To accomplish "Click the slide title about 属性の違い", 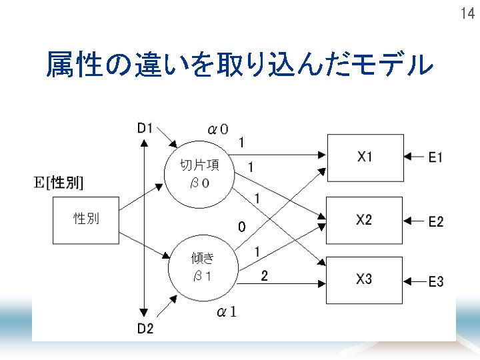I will point(239,65).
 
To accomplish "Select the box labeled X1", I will point(365,157).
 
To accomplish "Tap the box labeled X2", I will point(365,220).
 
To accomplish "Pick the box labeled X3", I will point(365,280).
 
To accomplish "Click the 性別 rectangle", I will point(86,220).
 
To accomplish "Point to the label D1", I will point(145,128).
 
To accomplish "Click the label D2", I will point(145,328).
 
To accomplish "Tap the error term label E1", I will point(436,157).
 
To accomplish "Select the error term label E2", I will point(436,221).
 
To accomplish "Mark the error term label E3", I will point(436,282).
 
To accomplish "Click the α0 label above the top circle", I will point(218,129).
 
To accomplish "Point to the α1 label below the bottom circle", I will point(227,312).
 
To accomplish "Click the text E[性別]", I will point(59,182).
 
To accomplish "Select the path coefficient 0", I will point(242,228).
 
